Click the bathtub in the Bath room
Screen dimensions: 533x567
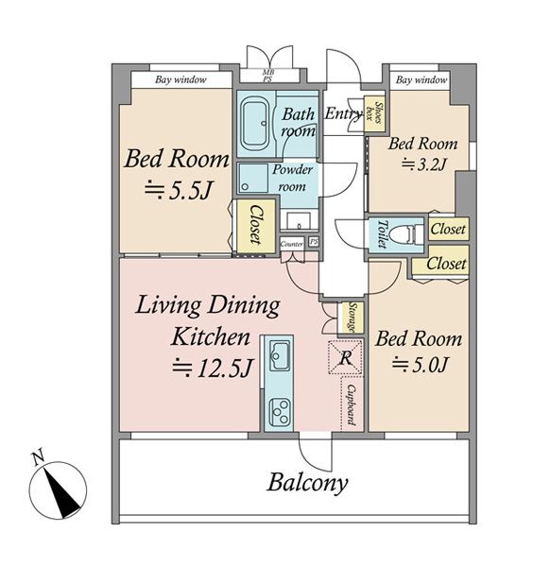256,123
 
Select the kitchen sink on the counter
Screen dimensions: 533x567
279,355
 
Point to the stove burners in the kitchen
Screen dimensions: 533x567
280,411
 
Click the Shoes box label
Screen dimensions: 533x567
374,112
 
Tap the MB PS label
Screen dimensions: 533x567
268,76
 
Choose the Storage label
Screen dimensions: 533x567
352,318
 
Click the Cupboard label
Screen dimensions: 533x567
351,404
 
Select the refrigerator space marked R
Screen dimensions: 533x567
345,357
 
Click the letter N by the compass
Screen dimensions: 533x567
39,456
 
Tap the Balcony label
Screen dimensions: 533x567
307,483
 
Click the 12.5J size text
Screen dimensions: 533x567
213,368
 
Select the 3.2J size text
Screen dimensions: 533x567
423,164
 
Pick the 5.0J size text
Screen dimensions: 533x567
421,364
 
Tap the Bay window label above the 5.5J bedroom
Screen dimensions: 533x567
181,79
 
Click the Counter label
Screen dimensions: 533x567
291,244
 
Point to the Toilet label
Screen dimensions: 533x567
382,234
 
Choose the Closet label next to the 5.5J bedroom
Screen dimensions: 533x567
255,224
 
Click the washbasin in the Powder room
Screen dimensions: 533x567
299,220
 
